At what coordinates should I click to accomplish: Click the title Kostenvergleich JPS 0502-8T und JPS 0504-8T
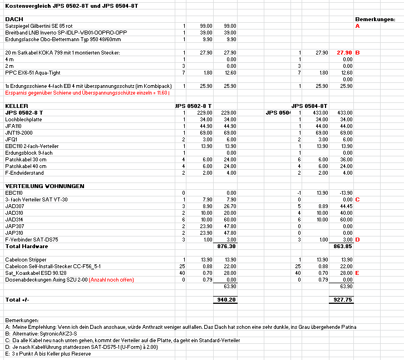pyautogui.click(x=71, y=5)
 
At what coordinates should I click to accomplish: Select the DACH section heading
pyautogui.click(x=14, y=19)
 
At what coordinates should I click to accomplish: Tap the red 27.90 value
pyautogui.click(x=344, y=52)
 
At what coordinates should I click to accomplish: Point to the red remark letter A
pyautogui.click(x=357, y=26)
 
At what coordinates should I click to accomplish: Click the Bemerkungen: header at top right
pyautogui.click(x=375, y=19)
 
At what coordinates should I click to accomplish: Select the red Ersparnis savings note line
pyautogui.click(x=78, y=92)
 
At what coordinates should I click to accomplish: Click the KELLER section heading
pyautogui.click(x=17, y=106)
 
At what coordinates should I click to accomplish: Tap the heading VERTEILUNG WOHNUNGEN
pyautogui.click(x=45, y=185)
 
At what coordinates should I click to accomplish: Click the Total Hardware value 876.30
pyautogui.click(x=228, y=246)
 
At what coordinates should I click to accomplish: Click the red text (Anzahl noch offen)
pyautogui.click(x=111, y=279)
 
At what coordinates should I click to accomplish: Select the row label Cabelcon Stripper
pyautogui.click(x=27, y=259)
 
